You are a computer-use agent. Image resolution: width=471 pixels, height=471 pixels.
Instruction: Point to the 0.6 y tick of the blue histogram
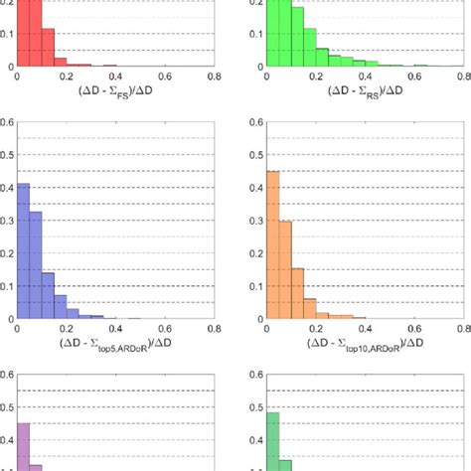coord(8,124)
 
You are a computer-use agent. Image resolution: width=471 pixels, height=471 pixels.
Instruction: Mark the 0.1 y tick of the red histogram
coord(8,35)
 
